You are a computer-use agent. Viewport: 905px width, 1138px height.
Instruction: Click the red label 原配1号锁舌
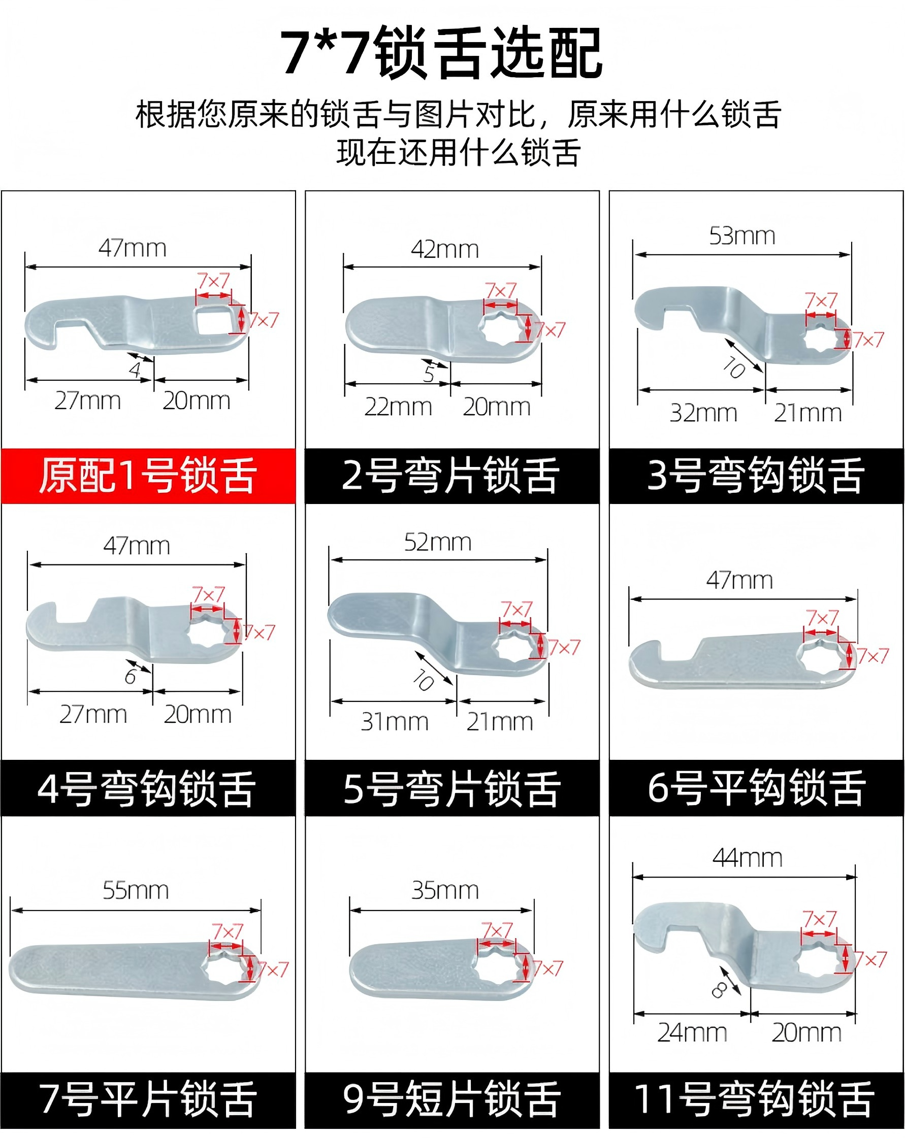pos(148,476)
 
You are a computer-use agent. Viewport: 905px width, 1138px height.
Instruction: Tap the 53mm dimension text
pos(742,236)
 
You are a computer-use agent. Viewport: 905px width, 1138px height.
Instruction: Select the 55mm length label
pos(136,890)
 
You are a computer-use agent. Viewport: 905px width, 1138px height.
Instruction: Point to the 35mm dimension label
pos(445,890)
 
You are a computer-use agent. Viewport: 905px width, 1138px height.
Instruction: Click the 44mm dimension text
pos(747,858)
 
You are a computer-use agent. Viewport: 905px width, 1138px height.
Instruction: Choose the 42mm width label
pos(444,249)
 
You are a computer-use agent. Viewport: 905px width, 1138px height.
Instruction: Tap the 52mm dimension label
pos(438,542)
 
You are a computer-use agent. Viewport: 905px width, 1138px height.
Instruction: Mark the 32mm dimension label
pos(703,413)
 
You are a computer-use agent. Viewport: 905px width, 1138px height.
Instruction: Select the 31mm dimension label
pos(395,722)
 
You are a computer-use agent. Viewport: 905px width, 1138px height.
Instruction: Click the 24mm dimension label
pos(692,1032)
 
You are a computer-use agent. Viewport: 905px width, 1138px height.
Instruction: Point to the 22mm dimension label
pos(398,407)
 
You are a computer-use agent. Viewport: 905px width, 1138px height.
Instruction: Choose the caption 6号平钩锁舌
pos(757,788)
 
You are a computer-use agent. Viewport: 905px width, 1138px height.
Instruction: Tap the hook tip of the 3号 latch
pos(649,323)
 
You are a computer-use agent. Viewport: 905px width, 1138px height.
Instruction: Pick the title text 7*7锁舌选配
pos(441,53)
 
